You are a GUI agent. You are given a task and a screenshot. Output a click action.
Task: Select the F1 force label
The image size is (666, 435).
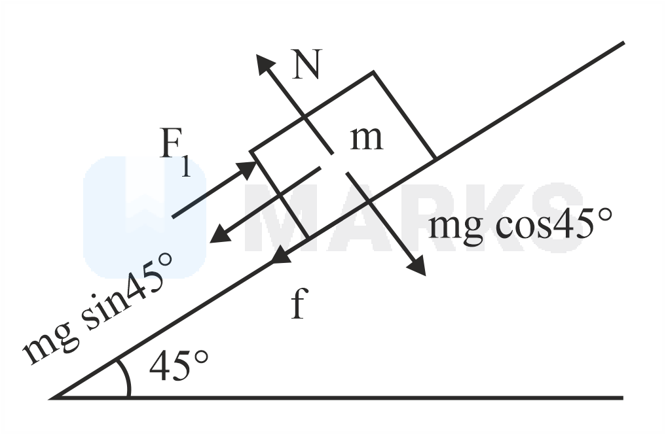click(x=176, y=155)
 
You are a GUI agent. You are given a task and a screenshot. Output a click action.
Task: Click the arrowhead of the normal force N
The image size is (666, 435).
click(x=263, y=61)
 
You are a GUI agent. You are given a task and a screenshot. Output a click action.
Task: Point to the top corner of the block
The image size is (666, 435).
click(x=373, y=71)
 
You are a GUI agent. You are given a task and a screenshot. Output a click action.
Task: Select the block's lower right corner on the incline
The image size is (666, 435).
click(x=435, y=158)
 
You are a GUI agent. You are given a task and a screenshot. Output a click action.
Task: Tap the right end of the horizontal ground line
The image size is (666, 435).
click(x=621, y=397)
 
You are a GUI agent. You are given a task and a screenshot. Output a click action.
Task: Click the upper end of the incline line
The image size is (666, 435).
click(x=623, y=43)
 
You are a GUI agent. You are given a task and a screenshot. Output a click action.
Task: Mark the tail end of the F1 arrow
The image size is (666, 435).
click(x=173, y=216)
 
